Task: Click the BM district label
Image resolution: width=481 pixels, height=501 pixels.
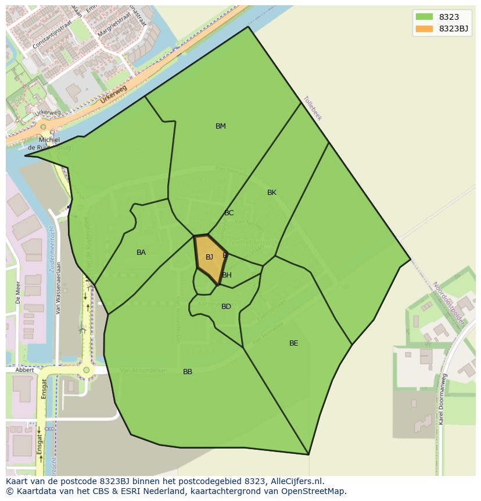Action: point(221,126)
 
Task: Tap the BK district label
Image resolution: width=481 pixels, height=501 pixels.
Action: point(272,193)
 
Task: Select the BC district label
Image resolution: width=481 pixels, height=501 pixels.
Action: point(229,213)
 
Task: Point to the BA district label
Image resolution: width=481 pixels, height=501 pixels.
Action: point(141,253)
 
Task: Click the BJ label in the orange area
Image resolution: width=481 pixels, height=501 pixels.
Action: point(209,257)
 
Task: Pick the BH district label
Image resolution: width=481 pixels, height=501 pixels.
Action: point(227,275)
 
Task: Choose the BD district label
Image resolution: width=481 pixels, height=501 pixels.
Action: point(226,307)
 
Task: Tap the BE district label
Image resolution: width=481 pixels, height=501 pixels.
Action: point(294,343)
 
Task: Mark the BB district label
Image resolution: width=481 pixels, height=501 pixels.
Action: point(188,372)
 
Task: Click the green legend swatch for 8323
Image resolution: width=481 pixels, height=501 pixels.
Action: point(424,17)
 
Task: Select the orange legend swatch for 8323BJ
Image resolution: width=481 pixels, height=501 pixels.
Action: point(424,29)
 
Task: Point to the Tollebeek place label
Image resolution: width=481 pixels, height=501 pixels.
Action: point(312,108)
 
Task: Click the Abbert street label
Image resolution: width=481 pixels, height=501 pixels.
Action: point(24,370)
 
